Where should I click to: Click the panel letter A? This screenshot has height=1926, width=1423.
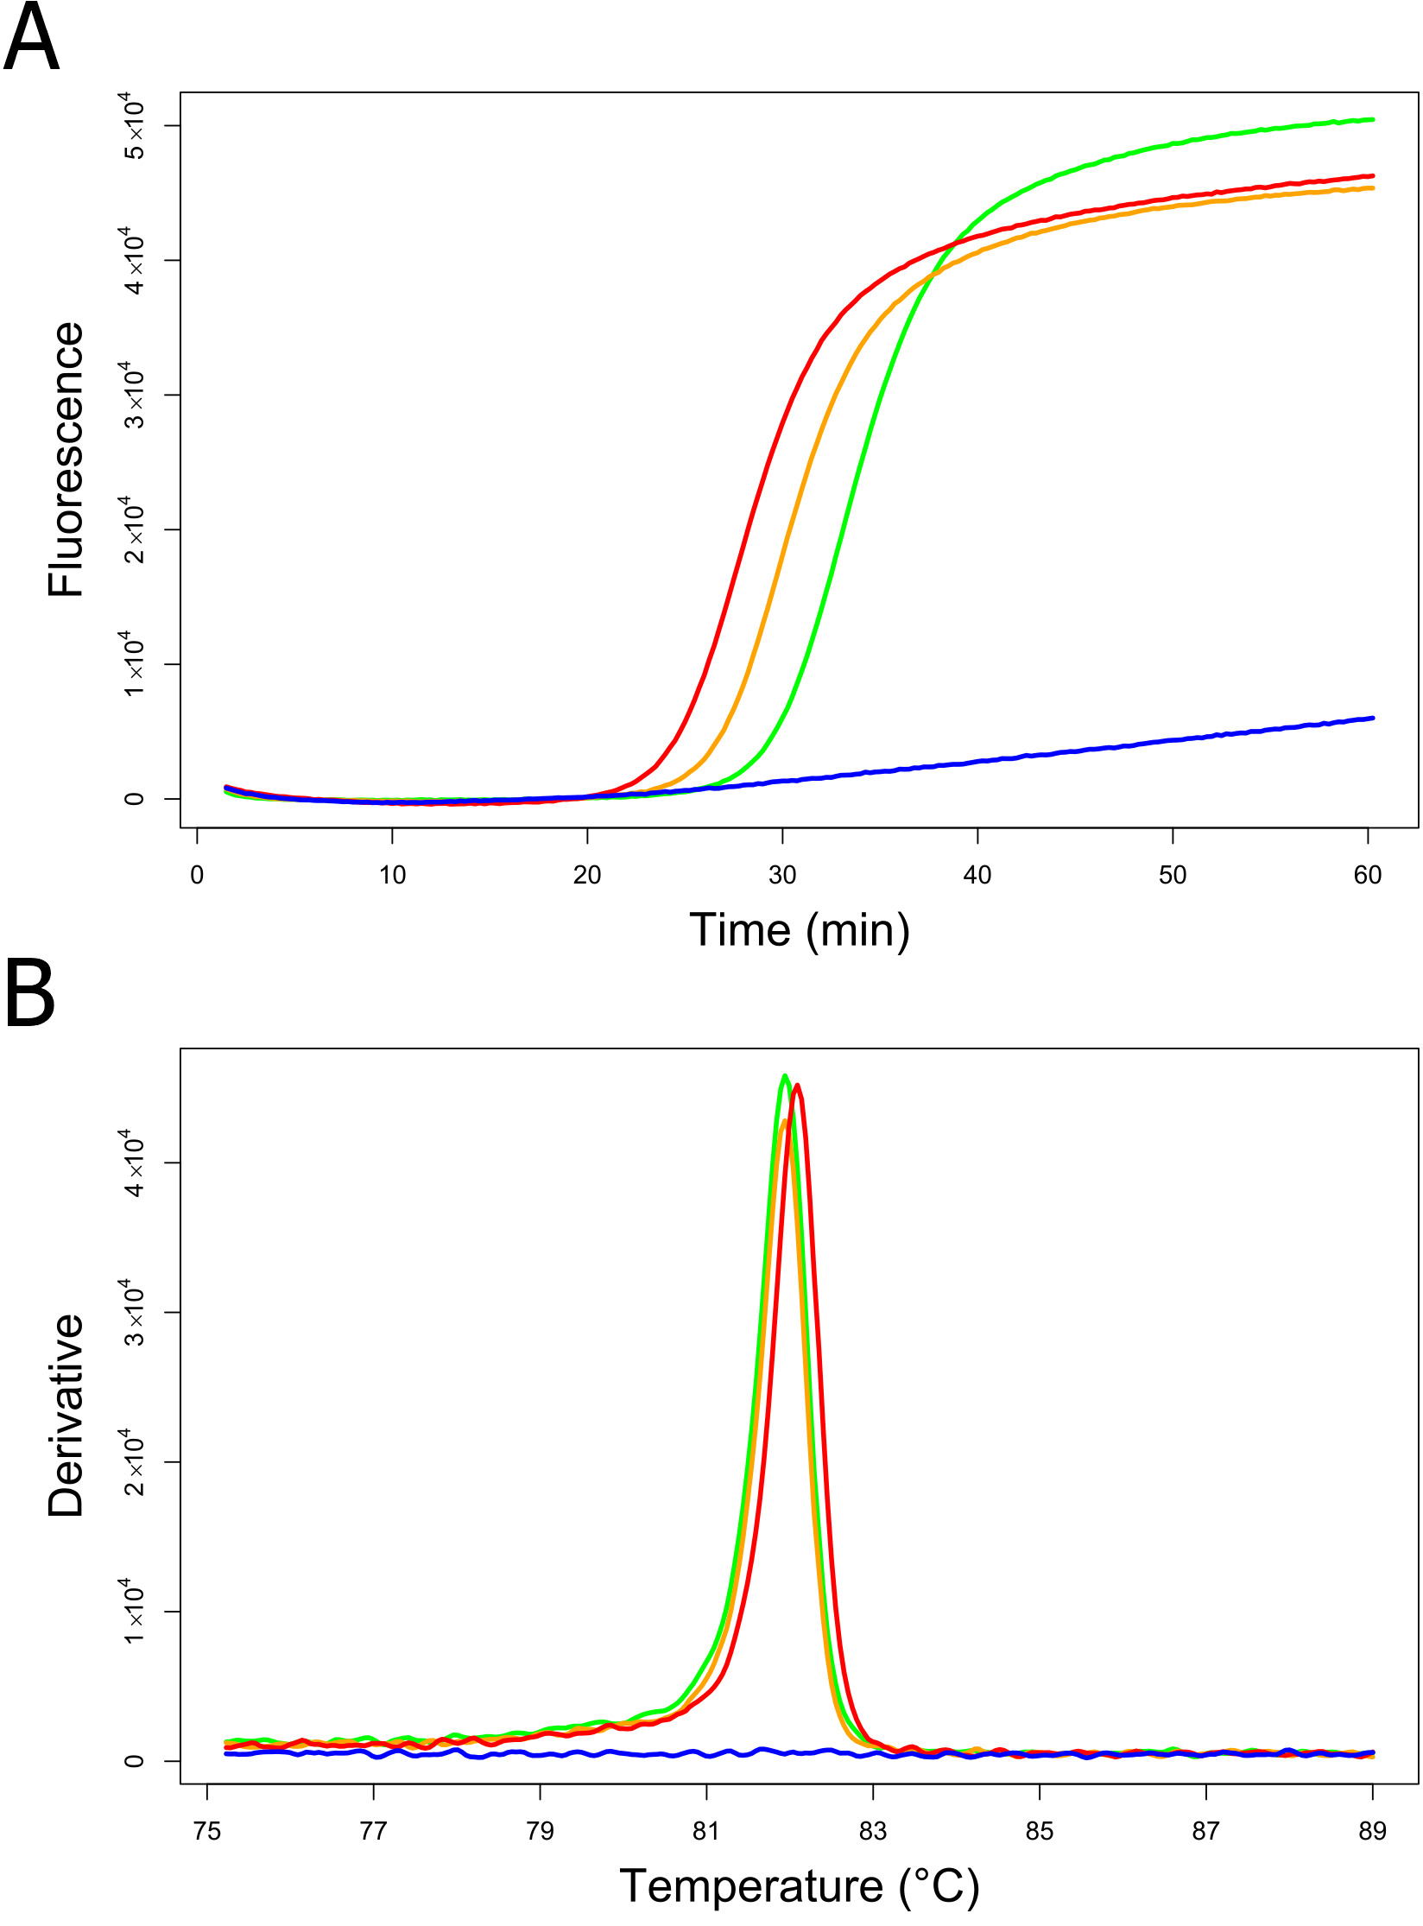tap(31, 40)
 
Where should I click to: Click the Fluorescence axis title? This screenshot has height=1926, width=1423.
tap(66, 459)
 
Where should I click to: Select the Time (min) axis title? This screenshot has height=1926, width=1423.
tap(799, 931)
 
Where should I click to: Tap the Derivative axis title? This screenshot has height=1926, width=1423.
tap(66, 1416)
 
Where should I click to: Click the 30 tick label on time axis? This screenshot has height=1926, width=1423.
tap(782, 875)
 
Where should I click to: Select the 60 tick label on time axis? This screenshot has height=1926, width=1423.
tap(1368, 875)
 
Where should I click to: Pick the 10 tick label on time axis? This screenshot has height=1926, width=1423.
tap(392, 875)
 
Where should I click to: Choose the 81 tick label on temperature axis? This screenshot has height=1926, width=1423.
tap(706, 1831)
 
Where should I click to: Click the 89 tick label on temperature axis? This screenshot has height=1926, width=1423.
tap(1372, 1831)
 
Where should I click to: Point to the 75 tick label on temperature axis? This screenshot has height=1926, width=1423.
tap(207, 1831)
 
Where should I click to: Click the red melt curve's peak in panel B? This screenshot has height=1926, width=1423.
tap(797, 1086)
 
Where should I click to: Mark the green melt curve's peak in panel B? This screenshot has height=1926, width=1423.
tap(784, 1076)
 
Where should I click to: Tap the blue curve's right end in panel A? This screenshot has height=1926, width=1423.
tap(1372, 718)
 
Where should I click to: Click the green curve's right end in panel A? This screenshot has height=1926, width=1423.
tap(1372, 119)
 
